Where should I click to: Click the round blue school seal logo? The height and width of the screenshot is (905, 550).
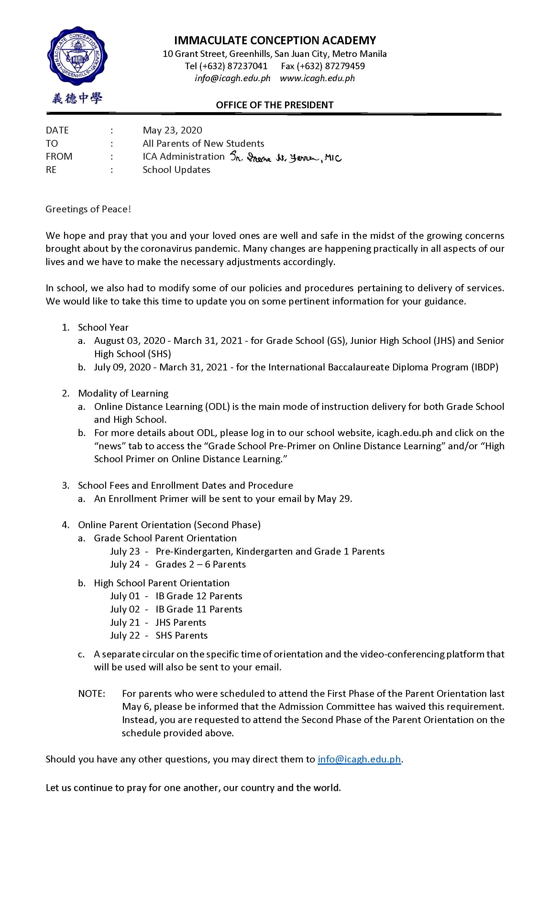(x=77, y=56)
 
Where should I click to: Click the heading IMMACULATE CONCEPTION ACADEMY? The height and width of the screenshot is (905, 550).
(x=275, y=40)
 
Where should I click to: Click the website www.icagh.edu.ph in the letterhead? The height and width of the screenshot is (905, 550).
(x=317, y=78)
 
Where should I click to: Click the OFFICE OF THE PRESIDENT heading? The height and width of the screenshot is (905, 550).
(x=275, y=105)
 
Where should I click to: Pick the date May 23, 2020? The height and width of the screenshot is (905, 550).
(x=172, y=130)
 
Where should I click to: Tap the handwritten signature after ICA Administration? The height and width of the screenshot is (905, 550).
(x=286, y=158)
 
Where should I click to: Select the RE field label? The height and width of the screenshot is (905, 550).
(x=51, y=170)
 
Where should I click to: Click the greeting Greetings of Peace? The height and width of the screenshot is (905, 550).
(x=88, y=209)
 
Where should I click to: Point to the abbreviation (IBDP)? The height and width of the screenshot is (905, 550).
(x=485, y=367)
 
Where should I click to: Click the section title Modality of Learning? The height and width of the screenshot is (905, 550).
(x=123, y=393)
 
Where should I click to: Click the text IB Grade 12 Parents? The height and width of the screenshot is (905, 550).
(x=199, y=596)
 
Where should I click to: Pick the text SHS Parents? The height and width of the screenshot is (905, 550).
(x=181, y=635)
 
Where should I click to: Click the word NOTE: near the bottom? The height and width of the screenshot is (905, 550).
(x=92, y=693)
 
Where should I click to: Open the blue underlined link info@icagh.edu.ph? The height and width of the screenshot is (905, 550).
(x=359, y=759)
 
